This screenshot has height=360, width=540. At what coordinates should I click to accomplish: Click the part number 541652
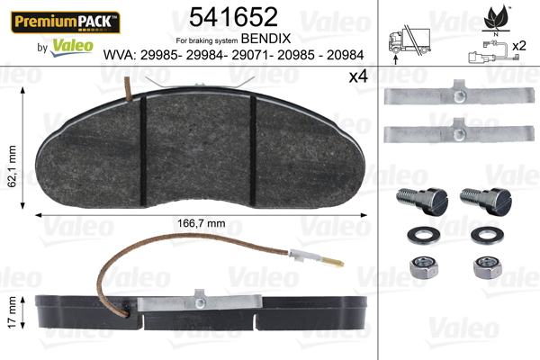pos(233,17)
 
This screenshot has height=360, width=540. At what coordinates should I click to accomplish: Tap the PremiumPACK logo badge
pos(66,22)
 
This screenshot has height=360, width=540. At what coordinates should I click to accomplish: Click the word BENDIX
pos(265,39)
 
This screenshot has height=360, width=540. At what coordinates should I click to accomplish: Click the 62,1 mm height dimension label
pos(12,166)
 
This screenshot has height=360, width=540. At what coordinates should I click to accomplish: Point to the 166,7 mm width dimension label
pos(201,223)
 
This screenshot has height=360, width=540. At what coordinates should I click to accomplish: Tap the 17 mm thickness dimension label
pos(12,312)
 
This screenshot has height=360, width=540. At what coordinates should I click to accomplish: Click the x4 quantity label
pos(358,76)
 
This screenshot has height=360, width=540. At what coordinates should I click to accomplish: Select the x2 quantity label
pos(519,46)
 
